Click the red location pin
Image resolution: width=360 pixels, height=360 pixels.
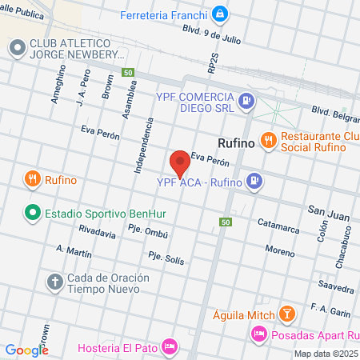(180, 162)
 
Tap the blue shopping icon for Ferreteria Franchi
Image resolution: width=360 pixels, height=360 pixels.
(220, 14)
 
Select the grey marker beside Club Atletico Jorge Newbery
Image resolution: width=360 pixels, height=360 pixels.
(17, 49)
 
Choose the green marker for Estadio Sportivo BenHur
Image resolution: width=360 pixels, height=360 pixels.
(32, 214)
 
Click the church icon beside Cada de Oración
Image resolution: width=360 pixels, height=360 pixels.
(55, 282)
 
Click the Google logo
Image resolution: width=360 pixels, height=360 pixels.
(26, 350)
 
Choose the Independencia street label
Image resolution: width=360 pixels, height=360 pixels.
(144, 146)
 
